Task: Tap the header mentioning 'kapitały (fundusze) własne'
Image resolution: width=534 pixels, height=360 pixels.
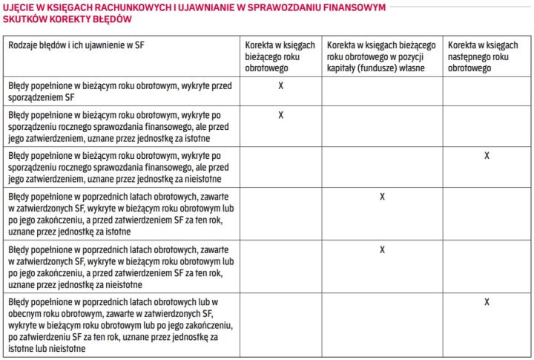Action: (x=382, y=56)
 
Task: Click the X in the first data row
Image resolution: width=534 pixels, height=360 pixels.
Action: (x=281, y=86)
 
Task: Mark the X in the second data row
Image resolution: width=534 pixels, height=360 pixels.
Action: (x=281, y=115)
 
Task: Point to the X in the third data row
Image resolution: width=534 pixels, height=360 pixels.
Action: (x=487, y=156)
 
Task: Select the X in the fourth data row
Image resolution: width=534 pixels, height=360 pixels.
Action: (x=382, y=197)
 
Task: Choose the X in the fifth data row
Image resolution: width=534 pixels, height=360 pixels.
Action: (x=382, y=249)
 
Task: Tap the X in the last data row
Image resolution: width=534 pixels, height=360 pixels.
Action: (x=487, y=302)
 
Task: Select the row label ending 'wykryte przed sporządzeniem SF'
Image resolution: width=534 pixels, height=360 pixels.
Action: (x=119, y=91)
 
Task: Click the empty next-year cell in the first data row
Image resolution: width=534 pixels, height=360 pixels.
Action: (x=487, y=91)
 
